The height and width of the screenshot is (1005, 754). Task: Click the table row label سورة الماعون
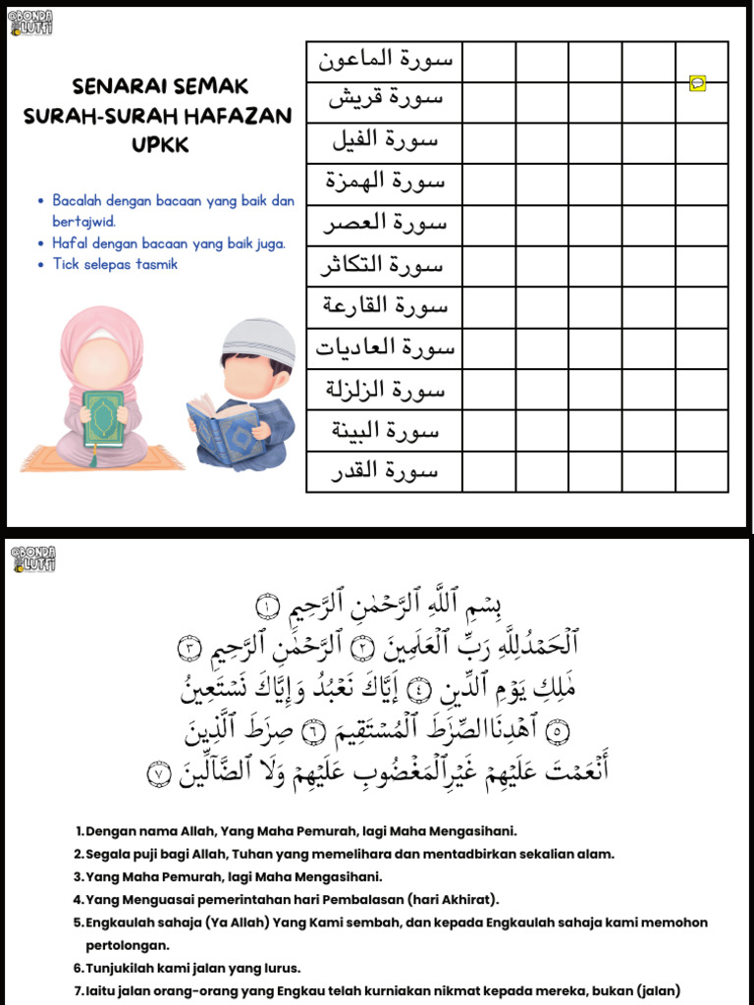tap(385, 60)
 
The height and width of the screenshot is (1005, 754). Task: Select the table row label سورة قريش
tap(385, 100)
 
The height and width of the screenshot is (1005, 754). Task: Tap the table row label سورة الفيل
tap(385, 141)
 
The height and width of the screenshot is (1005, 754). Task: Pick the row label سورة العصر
tap(385, 224)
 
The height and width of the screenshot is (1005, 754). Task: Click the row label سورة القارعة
tap(385, 306)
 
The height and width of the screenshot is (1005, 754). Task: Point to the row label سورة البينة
tap(385, 430)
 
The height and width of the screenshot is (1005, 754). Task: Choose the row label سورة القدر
tap(385, 471)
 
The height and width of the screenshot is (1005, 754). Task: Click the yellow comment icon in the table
tap(697, 83)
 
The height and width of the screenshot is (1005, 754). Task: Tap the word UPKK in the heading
tap(158, 145)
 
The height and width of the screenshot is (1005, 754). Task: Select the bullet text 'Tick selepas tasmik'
tap(115, 264)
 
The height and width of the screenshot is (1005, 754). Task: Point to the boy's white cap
tap(257, 339)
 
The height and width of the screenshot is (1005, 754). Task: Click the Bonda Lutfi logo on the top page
tap(31, 22)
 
